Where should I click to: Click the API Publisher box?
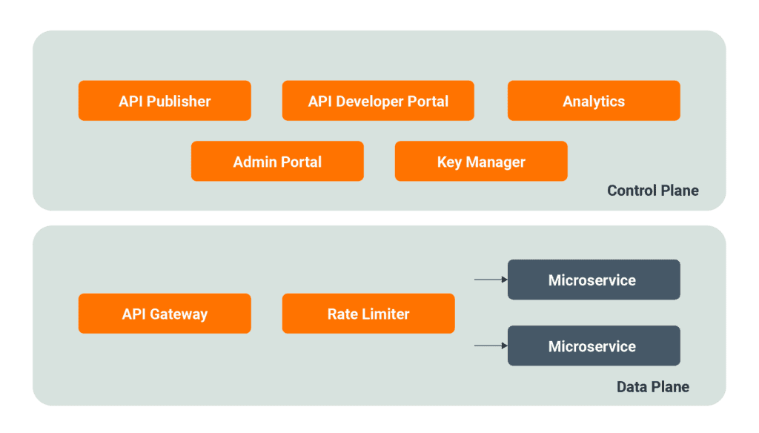165,101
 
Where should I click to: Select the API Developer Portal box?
378,101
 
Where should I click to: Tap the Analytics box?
594,101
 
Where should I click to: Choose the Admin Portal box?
277,162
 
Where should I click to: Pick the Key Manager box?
481,162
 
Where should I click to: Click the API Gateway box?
165,314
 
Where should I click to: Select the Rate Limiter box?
368,314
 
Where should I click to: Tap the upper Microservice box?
594,280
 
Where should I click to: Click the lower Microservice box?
594,346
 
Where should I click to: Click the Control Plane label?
652,191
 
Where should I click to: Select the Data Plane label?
652,387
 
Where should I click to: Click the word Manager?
496,162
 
